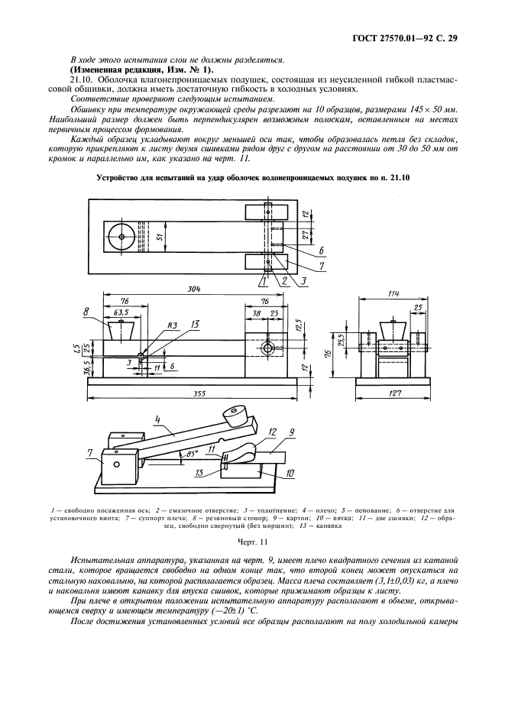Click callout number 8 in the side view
tap(87, 312)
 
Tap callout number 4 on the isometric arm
tap(156, 419)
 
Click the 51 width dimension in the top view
tap(160, 237)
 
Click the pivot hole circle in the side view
tap(268, 348)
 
